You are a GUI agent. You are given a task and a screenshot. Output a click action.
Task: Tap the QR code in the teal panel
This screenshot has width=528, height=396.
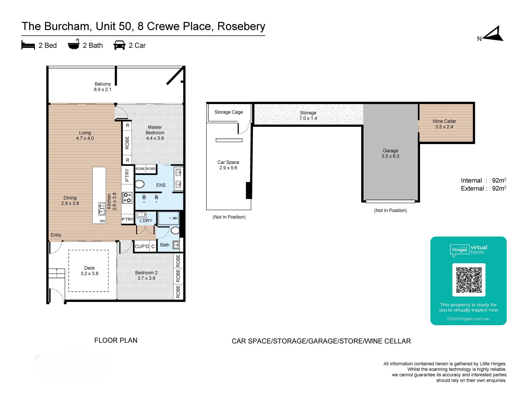pos(469,280)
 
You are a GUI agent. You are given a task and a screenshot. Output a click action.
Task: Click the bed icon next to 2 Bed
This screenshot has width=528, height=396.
pos(28,45)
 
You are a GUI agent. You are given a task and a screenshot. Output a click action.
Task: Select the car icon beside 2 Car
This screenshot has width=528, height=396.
pos(119,45)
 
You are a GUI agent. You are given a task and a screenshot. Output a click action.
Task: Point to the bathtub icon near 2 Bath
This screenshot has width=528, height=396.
pos(74,44)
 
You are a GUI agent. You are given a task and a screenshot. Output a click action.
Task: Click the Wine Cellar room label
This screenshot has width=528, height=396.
pos(444,124)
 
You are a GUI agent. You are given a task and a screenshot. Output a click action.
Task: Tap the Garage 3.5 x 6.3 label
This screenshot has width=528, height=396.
pos(390,153)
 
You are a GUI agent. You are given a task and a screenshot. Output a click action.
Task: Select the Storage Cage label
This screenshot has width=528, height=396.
pos(229,112)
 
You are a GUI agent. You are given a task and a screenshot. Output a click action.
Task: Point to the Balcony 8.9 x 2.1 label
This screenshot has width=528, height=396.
pos(103,87)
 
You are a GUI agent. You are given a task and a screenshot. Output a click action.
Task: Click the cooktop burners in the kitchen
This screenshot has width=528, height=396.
pos(127,198)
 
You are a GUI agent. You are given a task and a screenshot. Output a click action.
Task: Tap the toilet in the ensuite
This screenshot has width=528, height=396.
pos(140,184)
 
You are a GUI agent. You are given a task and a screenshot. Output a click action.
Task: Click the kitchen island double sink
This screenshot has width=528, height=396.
pos(101,209)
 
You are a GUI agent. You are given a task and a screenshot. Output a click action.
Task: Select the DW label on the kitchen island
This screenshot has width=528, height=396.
pos(102,221)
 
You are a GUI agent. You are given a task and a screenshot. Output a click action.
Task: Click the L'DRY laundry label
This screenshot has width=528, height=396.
pos(146,221)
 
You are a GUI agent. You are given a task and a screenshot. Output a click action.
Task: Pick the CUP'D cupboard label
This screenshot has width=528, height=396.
pos(142,246)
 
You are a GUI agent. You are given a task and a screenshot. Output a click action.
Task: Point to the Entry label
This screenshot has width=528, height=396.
pos(56,235)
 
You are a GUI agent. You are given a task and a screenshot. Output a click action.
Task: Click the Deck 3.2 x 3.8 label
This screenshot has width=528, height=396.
pos(89,271)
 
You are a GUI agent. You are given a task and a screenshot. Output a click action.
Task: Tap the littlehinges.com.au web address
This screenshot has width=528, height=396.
pos(468,319)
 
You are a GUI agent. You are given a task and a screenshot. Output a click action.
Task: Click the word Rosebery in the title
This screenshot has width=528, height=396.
pos(241,26)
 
